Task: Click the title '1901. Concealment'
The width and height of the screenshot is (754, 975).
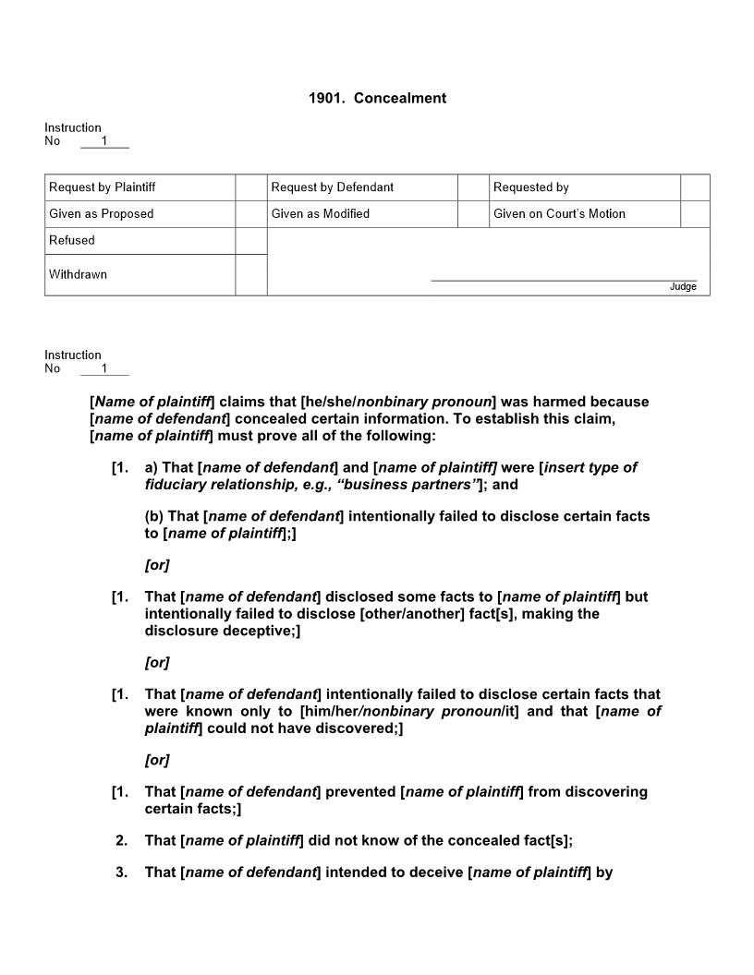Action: [x=377, y=98]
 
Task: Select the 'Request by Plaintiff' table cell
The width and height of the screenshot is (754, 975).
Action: [x=102, y=187]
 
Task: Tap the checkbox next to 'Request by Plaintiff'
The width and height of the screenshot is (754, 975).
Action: [x=250, y=187]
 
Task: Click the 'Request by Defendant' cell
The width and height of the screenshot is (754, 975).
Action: [x=332, y=187]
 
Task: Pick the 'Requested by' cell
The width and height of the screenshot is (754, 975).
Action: [x=530, y=187]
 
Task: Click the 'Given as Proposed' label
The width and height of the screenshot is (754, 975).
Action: [x=101, y=214]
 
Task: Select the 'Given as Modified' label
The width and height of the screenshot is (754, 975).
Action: [x=320, y=214]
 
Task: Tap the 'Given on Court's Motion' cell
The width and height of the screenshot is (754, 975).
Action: [x=558, y=214]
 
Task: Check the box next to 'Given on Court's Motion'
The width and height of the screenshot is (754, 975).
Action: [x=695, y=214]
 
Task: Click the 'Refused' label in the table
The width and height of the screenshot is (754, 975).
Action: [x=72, y=240]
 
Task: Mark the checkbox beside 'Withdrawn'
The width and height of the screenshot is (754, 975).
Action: [x=250, y=275]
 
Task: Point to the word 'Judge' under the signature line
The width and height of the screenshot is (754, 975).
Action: [x=683, y=287]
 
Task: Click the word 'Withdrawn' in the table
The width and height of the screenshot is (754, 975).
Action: [x=78, y=274]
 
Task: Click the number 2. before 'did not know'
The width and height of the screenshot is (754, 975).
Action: [x=122, y=840]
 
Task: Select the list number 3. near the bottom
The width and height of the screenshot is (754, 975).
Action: [x=122, y=872]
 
